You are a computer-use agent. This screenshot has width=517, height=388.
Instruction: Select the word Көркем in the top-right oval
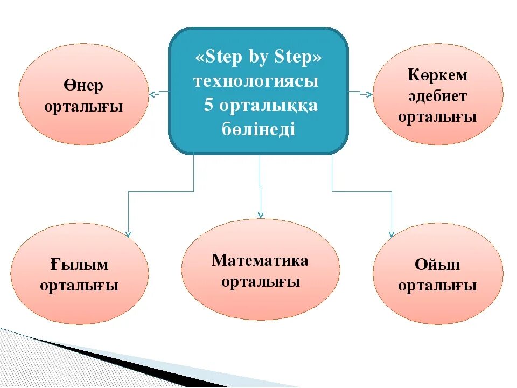pyautogui.click(x=437, y=75)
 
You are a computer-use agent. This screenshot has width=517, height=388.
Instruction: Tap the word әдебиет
pyautogui.click(x=437, y=96)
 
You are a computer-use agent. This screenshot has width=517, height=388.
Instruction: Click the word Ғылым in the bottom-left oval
pyautogui.click(x=80, y=265)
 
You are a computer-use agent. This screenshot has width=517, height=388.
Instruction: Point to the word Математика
pyautogui.click(x=260, y=261)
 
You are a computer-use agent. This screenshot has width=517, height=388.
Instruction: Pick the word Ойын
pyautogui.click(x=437, y=265)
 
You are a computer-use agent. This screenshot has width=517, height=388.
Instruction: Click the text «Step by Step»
pyautogui.click(x=258, y=58)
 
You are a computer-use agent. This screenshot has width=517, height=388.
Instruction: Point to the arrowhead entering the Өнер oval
pyautogui.click(x=152, y=95)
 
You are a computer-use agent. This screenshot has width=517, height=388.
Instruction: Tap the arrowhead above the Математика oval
pyautogui.click(x=261, y=214)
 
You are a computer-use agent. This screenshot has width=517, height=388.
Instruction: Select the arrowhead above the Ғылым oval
pyautogui.click(x=128, y=234)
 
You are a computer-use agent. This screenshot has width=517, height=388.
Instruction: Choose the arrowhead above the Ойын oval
pyautogui.click(x=392, y=233)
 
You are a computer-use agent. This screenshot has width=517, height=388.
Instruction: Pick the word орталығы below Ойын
pyautogui.click(x=437, y=286)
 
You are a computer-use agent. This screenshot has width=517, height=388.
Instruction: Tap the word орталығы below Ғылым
pyautogui.click(x=80, y=286)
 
